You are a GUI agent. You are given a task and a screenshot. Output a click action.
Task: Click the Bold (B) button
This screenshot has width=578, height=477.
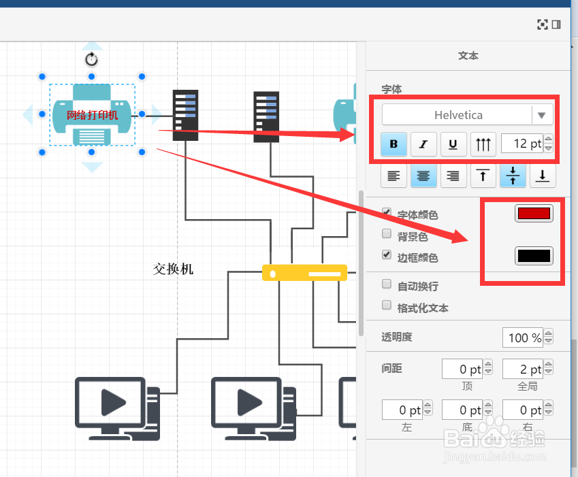point(394,144)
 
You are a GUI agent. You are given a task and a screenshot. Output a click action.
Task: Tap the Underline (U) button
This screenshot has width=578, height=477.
point(453,144)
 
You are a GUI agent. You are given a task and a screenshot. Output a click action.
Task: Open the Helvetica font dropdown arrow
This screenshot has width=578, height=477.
point(541,115)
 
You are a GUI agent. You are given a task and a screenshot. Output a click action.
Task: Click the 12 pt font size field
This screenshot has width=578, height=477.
point(522,144)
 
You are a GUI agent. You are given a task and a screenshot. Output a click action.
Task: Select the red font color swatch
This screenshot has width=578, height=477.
point(534,213)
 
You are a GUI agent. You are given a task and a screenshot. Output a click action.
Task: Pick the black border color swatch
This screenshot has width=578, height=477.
point(534,256)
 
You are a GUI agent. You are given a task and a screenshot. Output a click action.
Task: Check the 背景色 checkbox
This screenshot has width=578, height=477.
point(387,233)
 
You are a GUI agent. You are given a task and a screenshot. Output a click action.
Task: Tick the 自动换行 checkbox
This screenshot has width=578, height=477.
point(387,284)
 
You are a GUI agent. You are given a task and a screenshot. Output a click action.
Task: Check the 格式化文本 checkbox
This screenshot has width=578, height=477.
point(387,305)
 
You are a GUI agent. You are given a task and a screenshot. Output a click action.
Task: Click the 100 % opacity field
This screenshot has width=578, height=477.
point(523,338)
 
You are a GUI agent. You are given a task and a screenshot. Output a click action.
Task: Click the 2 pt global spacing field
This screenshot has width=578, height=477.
point(523,369)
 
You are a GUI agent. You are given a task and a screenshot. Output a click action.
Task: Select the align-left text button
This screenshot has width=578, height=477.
point(394,176)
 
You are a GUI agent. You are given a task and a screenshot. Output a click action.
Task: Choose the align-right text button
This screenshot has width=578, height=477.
point(453,176)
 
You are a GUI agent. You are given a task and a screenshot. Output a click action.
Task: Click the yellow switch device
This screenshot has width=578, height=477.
point(304,273)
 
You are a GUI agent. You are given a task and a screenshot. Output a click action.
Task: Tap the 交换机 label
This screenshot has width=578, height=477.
point(173,269)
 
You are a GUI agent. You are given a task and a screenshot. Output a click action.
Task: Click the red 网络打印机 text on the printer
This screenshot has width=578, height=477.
point(92,115)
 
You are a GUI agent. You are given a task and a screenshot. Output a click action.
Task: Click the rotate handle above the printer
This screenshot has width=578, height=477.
point(91,59)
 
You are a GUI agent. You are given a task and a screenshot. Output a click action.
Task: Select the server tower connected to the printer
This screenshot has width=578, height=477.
point(185,115)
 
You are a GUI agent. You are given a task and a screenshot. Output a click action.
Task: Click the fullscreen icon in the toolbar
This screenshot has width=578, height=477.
point(542,24)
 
